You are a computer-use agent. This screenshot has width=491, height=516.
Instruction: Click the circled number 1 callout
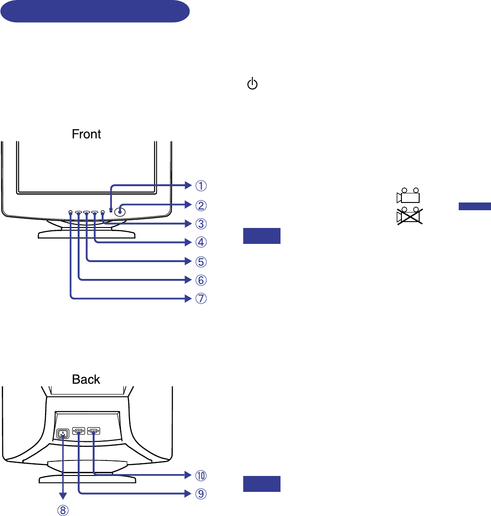coord(201,186)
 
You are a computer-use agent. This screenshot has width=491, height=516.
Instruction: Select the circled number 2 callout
coord(201,205)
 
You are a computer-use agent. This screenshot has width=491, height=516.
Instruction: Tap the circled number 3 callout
coord(201,224)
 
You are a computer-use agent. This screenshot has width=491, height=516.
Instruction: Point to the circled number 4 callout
coord(201,242)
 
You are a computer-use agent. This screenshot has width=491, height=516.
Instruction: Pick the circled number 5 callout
coord(201,262)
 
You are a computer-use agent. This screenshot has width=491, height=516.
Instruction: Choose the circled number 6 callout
coord(201,280)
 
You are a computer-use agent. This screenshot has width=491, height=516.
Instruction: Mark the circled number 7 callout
coord(201,298)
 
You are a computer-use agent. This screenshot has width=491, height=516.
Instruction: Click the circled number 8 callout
coord(63,511)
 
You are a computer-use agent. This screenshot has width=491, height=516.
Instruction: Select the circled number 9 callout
coord(201,494)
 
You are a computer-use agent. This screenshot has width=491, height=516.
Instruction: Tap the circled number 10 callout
coord(201,476)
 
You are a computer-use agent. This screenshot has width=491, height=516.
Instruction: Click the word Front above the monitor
coord(86,134)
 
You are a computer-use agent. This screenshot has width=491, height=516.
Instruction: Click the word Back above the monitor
coord(86,379)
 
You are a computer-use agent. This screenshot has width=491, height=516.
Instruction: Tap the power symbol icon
coord(252,83)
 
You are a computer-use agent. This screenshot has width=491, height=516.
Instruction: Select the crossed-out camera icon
coord(410,216)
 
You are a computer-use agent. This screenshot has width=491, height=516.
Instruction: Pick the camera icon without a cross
coord(408,196)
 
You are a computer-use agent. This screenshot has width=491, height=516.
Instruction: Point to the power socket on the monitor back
coord(63,434)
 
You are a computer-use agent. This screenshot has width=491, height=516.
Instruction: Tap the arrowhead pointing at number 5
coord(188,261)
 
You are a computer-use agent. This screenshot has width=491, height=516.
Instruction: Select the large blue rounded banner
coord(95,11)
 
